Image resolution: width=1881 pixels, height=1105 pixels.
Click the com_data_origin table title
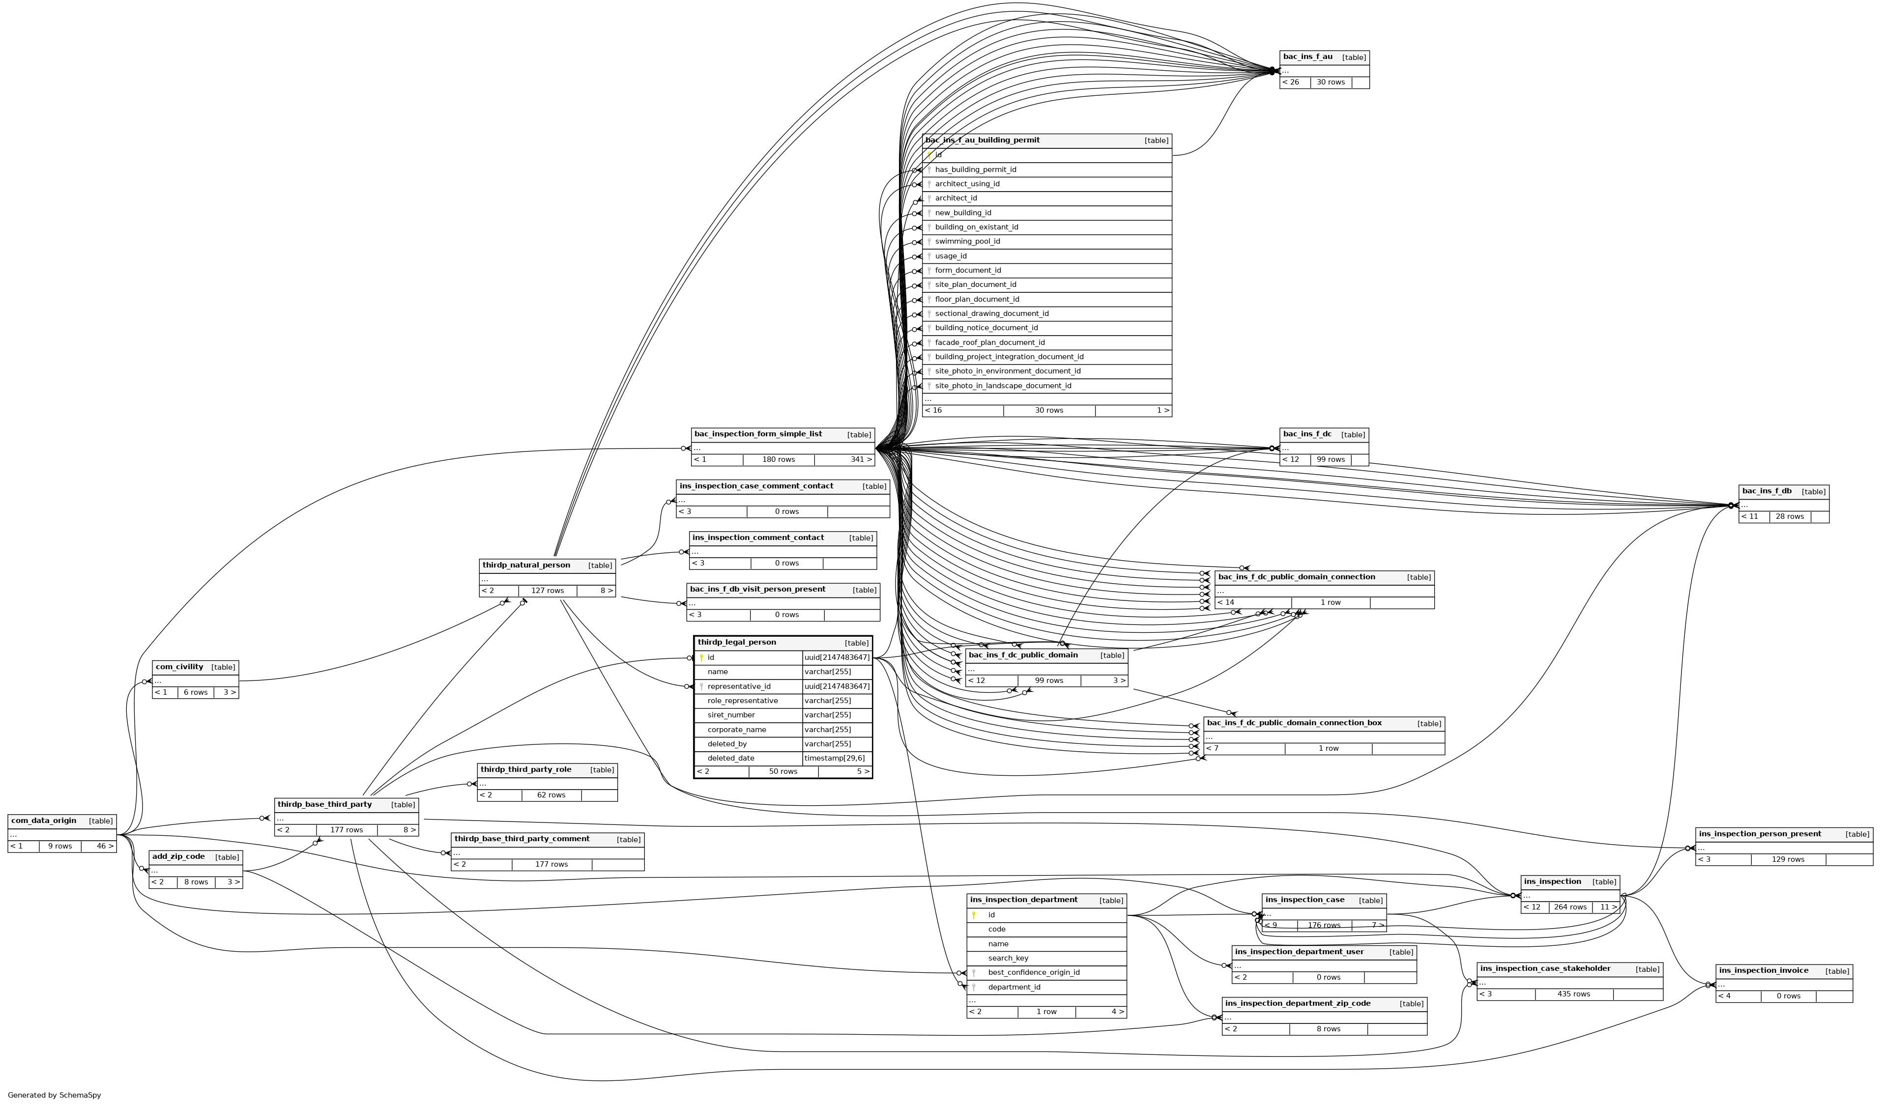43,821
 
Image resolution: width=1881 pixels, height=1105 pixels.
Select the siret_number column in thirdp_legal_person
731,715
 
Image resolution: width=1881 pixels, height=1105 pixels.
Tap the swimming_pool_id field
967,242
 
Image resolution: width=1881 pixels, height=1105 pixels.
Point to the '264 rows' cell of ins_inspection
1570,907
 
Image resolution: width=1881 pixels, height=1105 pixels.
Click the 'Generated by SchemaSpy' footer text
54,1095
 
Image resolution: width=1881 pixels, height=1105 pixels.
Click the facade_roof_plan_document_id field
990,342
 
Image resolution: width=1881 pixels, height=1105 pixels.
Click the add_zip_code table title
178,856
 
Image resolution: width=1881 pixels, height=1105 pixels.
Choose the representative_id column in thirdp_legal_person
739,686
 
